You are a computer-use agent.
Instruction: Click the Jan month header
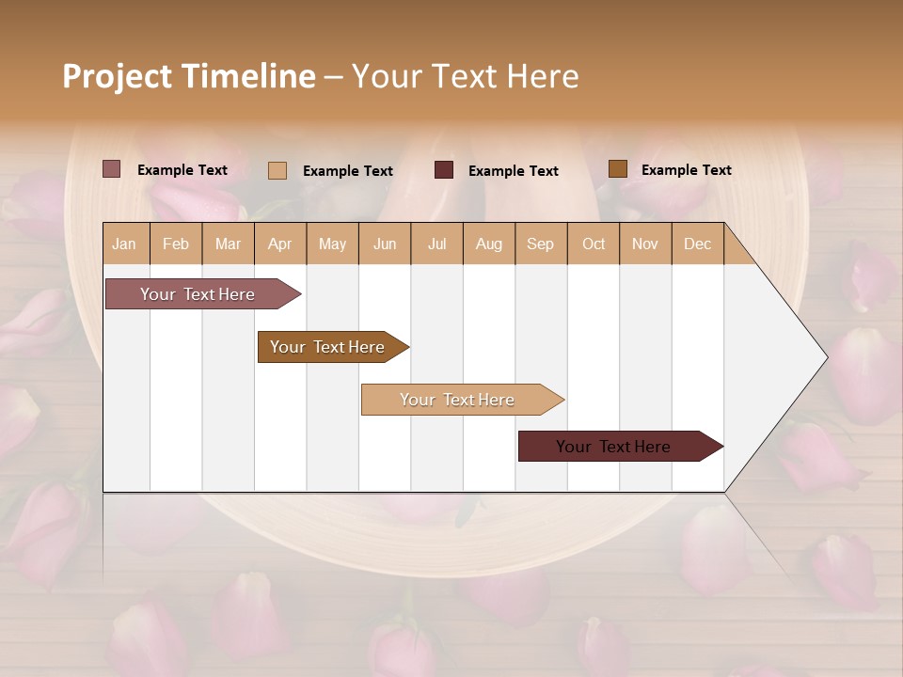pos(125,244)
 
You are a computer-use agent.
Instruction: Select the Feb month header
pos(176,244)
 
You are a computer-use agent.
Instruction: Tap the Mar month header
pos(228,244)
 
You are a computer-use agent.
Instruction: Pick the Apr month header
pos(280,244)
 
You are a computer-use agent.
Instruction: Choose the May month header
pos(332,244)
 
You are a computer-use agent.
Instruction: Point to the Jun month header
pos(385,244)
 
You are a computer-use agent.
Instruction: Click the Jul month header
pos(436,244)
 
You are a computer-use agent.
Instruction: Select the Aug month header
pos(489,244)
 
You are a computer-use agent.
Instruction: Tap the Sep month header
pos(541,244)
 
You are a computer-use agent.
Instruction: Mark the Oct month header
pos(594,244)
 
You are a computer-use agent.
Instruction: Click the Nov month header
pos(645,244)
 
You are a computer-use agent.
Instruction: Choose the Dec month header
pos(698,244)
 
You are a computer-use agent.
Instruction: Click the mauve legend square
pos(112,169)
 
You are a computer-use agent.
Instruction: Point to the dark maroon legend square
pos(444,169)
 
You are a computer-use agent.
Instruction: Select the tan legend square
pos(277,170)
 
